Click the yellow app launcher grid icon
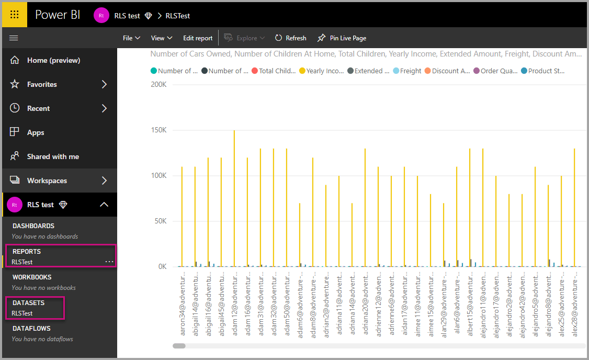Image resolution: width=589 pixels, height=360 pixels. pos(14,15)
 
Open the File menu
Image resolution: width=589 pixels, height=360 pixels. pos(131,38)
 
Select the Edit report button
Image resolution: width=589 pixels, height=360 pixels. pos(198,38)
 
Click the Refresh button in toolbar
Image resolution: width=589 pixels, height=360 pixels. pos(290,38)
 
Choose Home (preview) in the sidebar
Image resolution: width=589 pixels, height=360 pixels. pos(53,60)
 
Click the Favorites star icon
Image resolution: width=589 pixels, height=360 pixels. pos(15,84)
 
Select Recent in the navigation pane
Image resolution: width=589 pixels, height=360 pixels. pos(39,108)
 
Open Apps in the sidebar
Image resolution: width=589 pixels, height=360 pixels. pos(36,132)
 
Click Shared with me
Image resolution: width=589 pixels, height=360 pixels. pos(53,156)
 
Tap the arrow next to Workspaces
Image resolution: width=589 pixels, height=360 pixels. pos(104,181)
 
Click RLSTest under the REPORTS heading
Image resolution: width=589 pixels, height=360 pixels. pos(22,262)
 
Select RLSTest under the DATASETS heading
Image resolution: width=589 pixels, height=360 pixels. pos(22,313)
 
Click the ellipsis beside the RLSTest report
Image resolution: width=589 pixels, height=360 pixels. pos(109,261)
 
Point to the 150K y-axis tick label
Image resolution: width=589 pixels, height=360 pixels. pos(158,130)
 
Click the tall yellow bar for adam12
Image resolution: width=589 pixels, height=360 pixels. pos(234,199)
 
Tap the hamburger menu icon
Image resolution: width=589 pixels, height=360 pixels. pos(14,38)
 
